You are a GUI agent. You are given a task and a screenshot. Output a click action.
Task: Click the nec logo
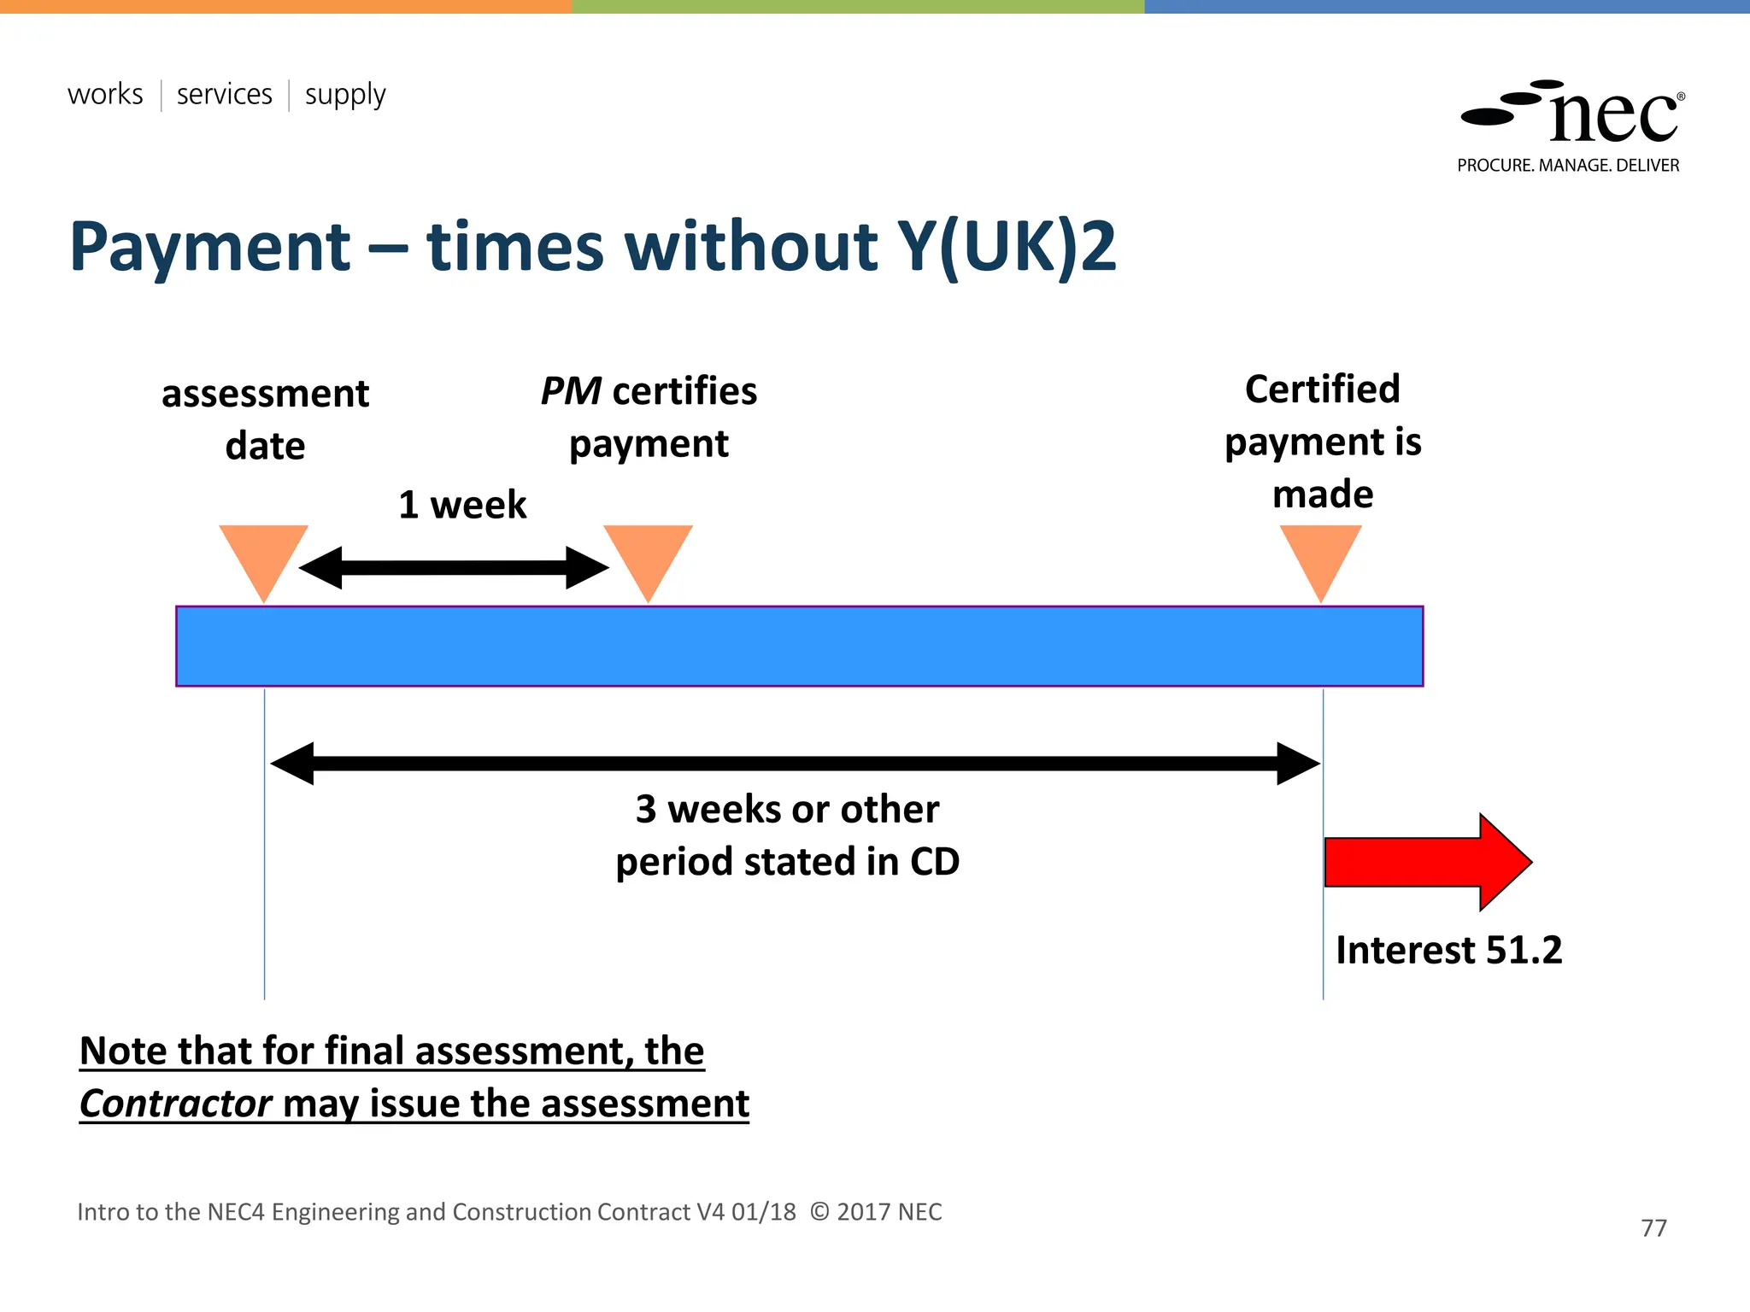[x=1572, y=114]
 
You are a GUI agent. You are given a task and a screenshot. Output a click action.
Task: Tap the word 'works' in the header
[x=105, y=94]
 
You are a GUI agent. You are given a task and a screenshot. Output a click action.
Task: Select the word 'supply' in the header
[x=345, y=95]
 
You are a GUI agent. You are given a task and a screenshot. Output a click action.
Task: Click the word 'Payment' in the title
[x=210, y=247]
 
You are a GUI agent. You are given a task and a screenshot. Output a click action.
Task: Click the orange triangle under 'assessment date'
[x=263, y=558]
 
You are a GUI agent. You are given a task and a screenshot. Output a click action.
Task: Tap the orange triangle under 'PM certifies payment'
[x=649, y=558]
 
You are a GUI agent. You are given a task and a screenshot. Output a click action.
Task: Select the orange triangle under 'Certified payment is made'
[x=1321, y=558]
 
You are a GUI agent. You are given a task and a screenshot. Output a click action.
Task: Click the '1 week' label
[x=462, y=505]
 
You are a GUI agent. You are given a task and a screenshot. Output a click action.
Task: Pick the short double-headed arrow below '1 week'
[x=454, y=568]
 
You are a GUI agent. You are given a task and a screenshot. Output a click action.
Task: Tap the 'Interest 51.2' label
[x=1448, y=950]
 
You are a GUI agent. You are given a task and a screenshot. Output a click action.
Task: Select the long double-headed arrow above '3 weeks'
[x=795, y=763]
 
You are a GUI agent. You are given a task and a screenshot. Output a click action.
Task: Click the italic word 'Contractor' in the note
[x=176, y=1104]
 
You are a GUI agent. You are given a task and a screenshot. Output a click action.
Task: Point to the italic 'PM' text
[x=571, y=391]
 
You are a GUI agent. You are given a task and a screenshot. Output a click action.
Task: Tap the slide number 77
[x=1653, y=1228]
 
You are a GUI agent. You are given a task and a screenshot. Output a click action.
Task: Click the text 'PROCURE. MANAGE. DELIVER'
[x=1568, y=166]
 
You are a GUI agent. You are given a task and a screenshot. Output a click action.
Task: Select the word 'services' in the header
[x=225, y=94]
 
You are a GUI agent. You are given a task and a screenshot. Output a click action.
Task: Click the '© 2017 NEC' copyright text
[x=876, y=1212]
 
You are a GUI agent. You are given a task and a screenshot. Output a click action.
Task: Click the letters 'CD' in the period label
[x=935, y=862]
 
